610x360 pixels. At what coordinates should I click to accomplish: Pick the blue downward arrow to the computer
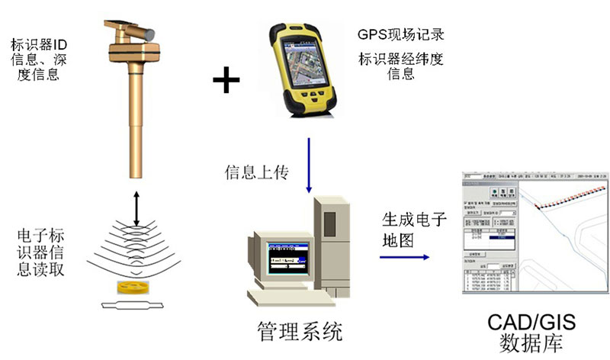(x=308, y=164)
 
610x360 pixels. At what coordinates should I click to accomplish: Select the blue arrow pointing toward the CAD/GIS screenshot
(x=404, y=258)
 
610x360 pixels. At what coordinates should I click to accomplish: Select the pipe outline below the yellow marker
(x=136, y=306)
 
